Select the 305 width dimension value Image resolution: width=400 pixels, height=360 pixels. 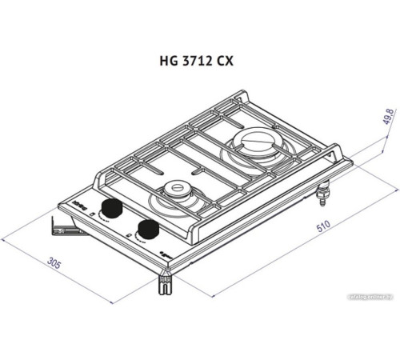(x=56, y=264)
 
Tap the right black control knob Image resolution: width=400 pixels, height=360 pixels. (x=147, y=230)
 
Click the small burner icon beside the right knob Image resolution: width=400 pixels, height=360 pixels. (x=129, y=235)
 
